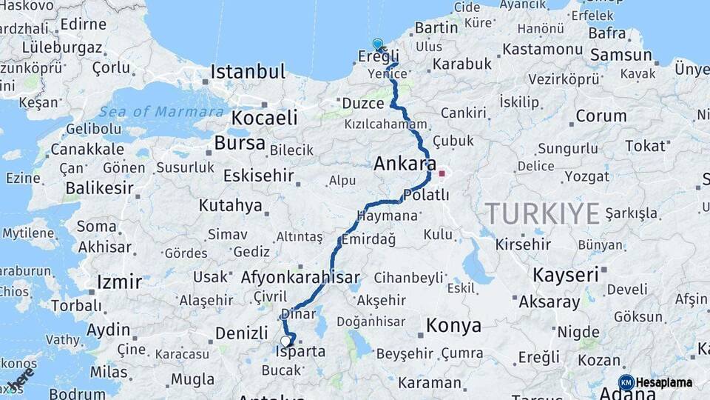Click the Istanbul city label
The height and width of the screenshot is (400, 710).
click(247, 72)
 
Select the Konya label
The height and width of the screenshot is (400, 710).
click(453, 325)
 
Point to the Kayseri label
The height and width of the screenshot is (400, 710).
click(565, 275)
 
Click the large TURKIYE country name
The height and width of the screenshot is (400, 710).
click(542, 214)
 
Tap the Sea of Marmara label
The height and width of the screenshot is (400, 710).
click(161, 112)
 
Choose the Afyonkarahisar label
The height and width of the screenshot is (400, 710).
click(300, 277)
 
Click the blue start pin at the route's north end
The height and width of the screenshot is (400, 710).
click(378, 44)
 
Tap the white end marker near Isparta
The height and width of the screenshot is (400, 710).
click(285, 341)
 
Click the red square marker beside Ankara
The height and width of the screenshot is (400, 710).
click(442, 174)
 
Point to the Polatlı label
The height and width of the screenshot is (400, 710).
click(425, 195)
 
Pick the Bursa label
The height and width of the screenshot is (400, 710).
click(240, 142)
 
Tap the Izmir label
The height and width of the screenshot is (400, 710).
click(119, 281)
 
